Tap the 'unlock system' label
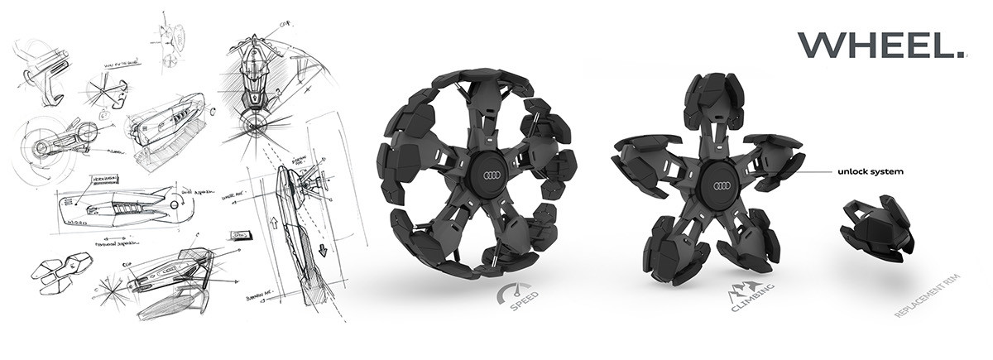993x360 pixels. coord(868,172)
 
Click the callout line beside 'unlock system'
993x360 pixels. coord(802,172)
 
